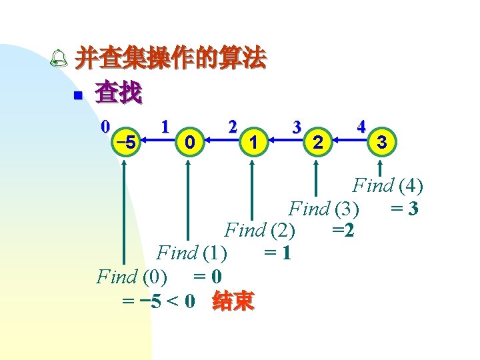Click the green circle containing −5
[x=126, y=142]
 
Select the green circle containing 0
[x=190, y=142]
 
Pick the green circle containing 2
[x=317, y=142]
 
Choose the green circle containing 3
[x=382, y=142]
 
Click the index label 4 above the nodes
[x=361, y=125]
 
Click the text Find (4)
[x=388, y=186]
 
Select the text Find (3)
[x=324, y=209]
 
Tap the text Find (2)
[x=261, y=231]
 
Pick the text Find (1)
[x=192, y=253]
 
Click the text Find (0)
[x=132, y=276]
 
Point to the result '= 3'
[x=405, y=209]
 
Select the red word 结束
[x=233, y=302]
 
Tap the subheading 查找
[x=119, y=93]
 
